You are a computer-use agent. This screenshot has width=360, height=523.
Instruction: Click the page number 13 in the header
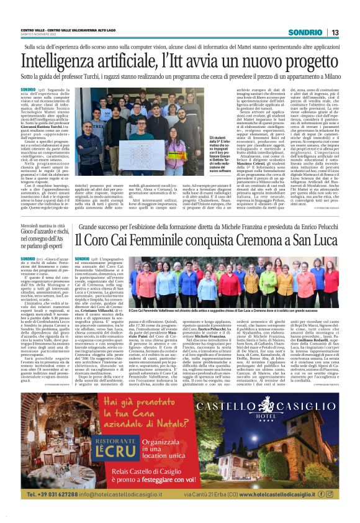tap(334, 32)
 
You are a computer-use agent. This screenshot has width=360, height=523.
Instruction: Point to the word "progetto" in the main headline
tap(304, 61)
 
